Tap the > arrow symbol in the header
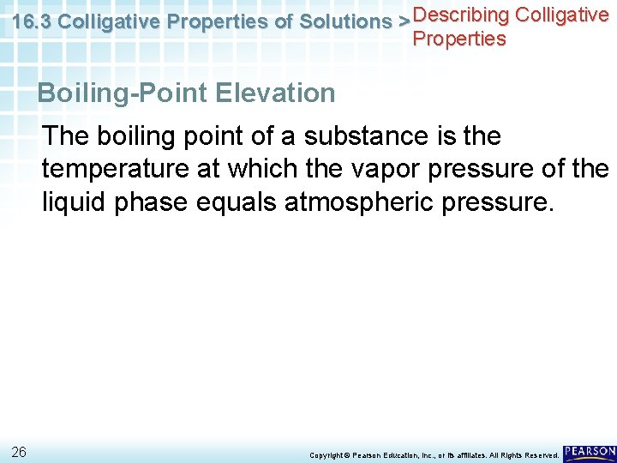(x=404, y=22)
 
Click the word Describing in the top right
(x=461, y=15)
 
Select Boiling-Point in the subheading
(x=120, y=93)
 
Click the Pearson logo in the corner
(x=589, y=451)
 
